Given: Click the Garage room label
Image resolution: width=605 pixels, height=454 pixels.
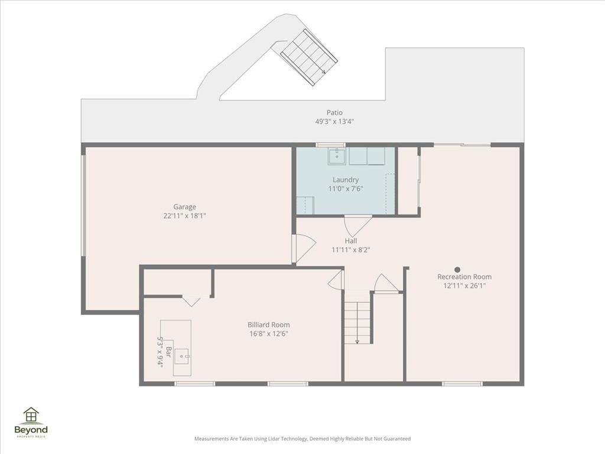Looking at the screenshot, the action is point(184,206).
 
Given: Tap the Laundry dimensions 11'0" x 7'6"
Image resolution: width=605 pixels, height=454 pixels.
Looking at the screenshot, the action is point(346,189).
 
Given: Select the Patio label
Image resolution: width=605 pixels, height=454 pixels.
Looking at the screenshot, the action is point(334,112).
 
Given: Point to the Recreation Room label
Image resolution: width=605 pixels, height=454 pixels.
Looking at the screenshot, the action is point(464,277).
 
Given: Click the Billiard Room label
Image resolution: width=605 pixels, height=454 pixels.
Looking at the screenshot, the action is point(269,325).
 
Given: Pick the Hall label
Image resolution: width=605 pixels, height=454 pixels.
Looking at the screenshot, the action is point(351,241).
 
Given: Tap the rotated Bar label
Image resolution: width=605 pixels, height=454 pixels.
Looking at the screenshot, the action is point(168,352).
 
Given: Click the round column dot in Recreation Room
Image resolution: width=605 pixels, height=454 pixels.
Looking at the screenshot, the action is point(457,269).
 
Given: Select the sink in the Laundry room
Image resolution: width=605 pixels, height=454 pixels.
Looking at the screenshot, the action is point(337,156).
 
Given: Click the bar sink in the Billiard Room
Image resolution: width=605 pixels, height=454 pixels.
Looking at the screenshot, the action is point(181,356).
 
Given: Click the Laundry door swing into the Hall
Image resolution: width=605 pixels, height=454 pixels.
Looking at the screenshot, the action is point(357,226).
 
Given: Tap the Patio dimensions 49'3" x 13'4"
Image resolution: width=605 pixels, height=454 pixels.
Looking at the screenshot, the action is point(334,121).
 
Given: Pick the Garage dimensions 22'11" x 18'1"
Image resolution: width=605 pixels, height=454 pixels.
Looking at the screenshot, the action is point(184,216).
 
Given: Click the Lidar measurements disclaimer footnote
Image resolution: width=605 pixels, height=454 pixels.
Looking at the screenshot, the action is point(302,439).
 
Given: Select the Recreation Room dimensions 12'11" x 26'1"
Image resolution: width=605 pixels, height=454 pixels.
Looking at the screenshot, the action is point(464,286).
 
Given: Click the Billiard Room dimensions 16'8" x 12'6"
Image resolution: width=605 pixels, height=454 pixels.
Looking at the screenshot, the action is point(269,334).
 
